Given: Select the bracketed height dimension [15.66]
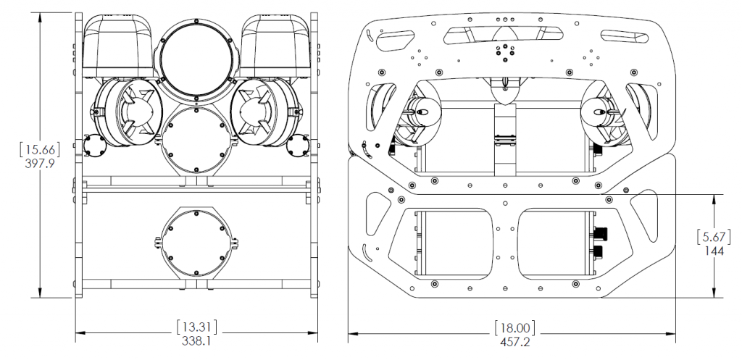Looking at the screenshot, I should click(x=39, y=150).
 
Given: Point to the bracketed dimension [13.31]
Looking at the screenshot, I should click(x=197, y=325).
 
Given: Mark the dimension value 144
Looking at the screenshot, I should click(x=715, y=251).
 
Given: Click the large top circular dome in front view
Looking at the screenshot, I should click(x=195, y=55).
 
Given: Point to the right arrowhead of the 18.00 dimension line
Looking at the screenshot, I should click(x=674, y=332).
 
